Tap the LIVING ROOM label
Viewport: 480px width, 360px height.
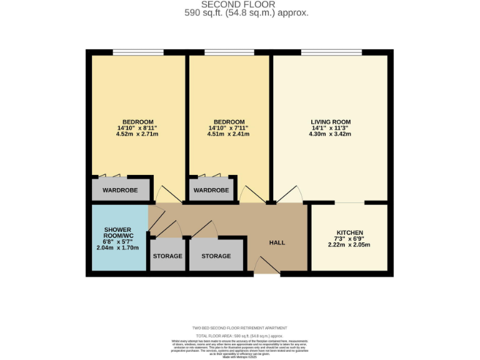(x=331, y=122)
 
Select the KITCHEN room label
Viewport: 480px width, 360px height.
(x=349, y=233)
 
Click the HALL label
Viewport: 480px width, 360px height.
(x=277, y=242)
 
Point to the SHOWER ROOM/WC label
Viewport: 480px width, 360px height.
(x=117, y=233)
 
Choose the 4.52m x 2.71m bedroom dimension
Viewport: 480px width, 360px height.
(x=137, y=134)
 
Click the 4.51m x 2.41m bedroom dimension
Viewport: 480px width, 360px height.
(x=229, y=134)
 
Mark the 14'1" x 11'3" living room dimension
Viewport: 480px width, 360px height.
(x=331, y=128)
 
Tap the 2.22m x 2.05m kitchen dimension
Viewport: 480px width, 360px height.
(x=349, y=244)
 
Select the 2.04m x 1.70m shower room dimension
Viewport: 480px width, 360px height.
(x=117, y=247)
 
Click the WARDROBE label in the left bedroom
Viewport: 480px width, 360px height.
(x=120, y=190)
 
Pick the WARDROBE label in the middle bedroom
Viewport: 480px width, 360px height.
(x=211, y=190)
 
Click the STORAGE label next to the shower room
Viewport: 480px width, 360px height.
(x=167, y=256)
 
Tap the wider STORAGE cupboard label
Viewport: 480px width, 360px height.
(x=216, y=256)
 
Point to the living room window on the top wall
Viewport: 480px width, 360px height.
(x=331, y=52)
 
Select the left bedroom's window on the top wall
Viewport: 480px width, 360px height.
(x=138, y=52)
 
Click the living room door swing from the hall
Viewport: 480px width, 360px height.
(x=289, y=194)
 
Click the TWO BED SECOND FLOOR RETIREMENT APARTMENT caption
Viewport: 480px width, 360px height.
(x=240, y=328)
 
